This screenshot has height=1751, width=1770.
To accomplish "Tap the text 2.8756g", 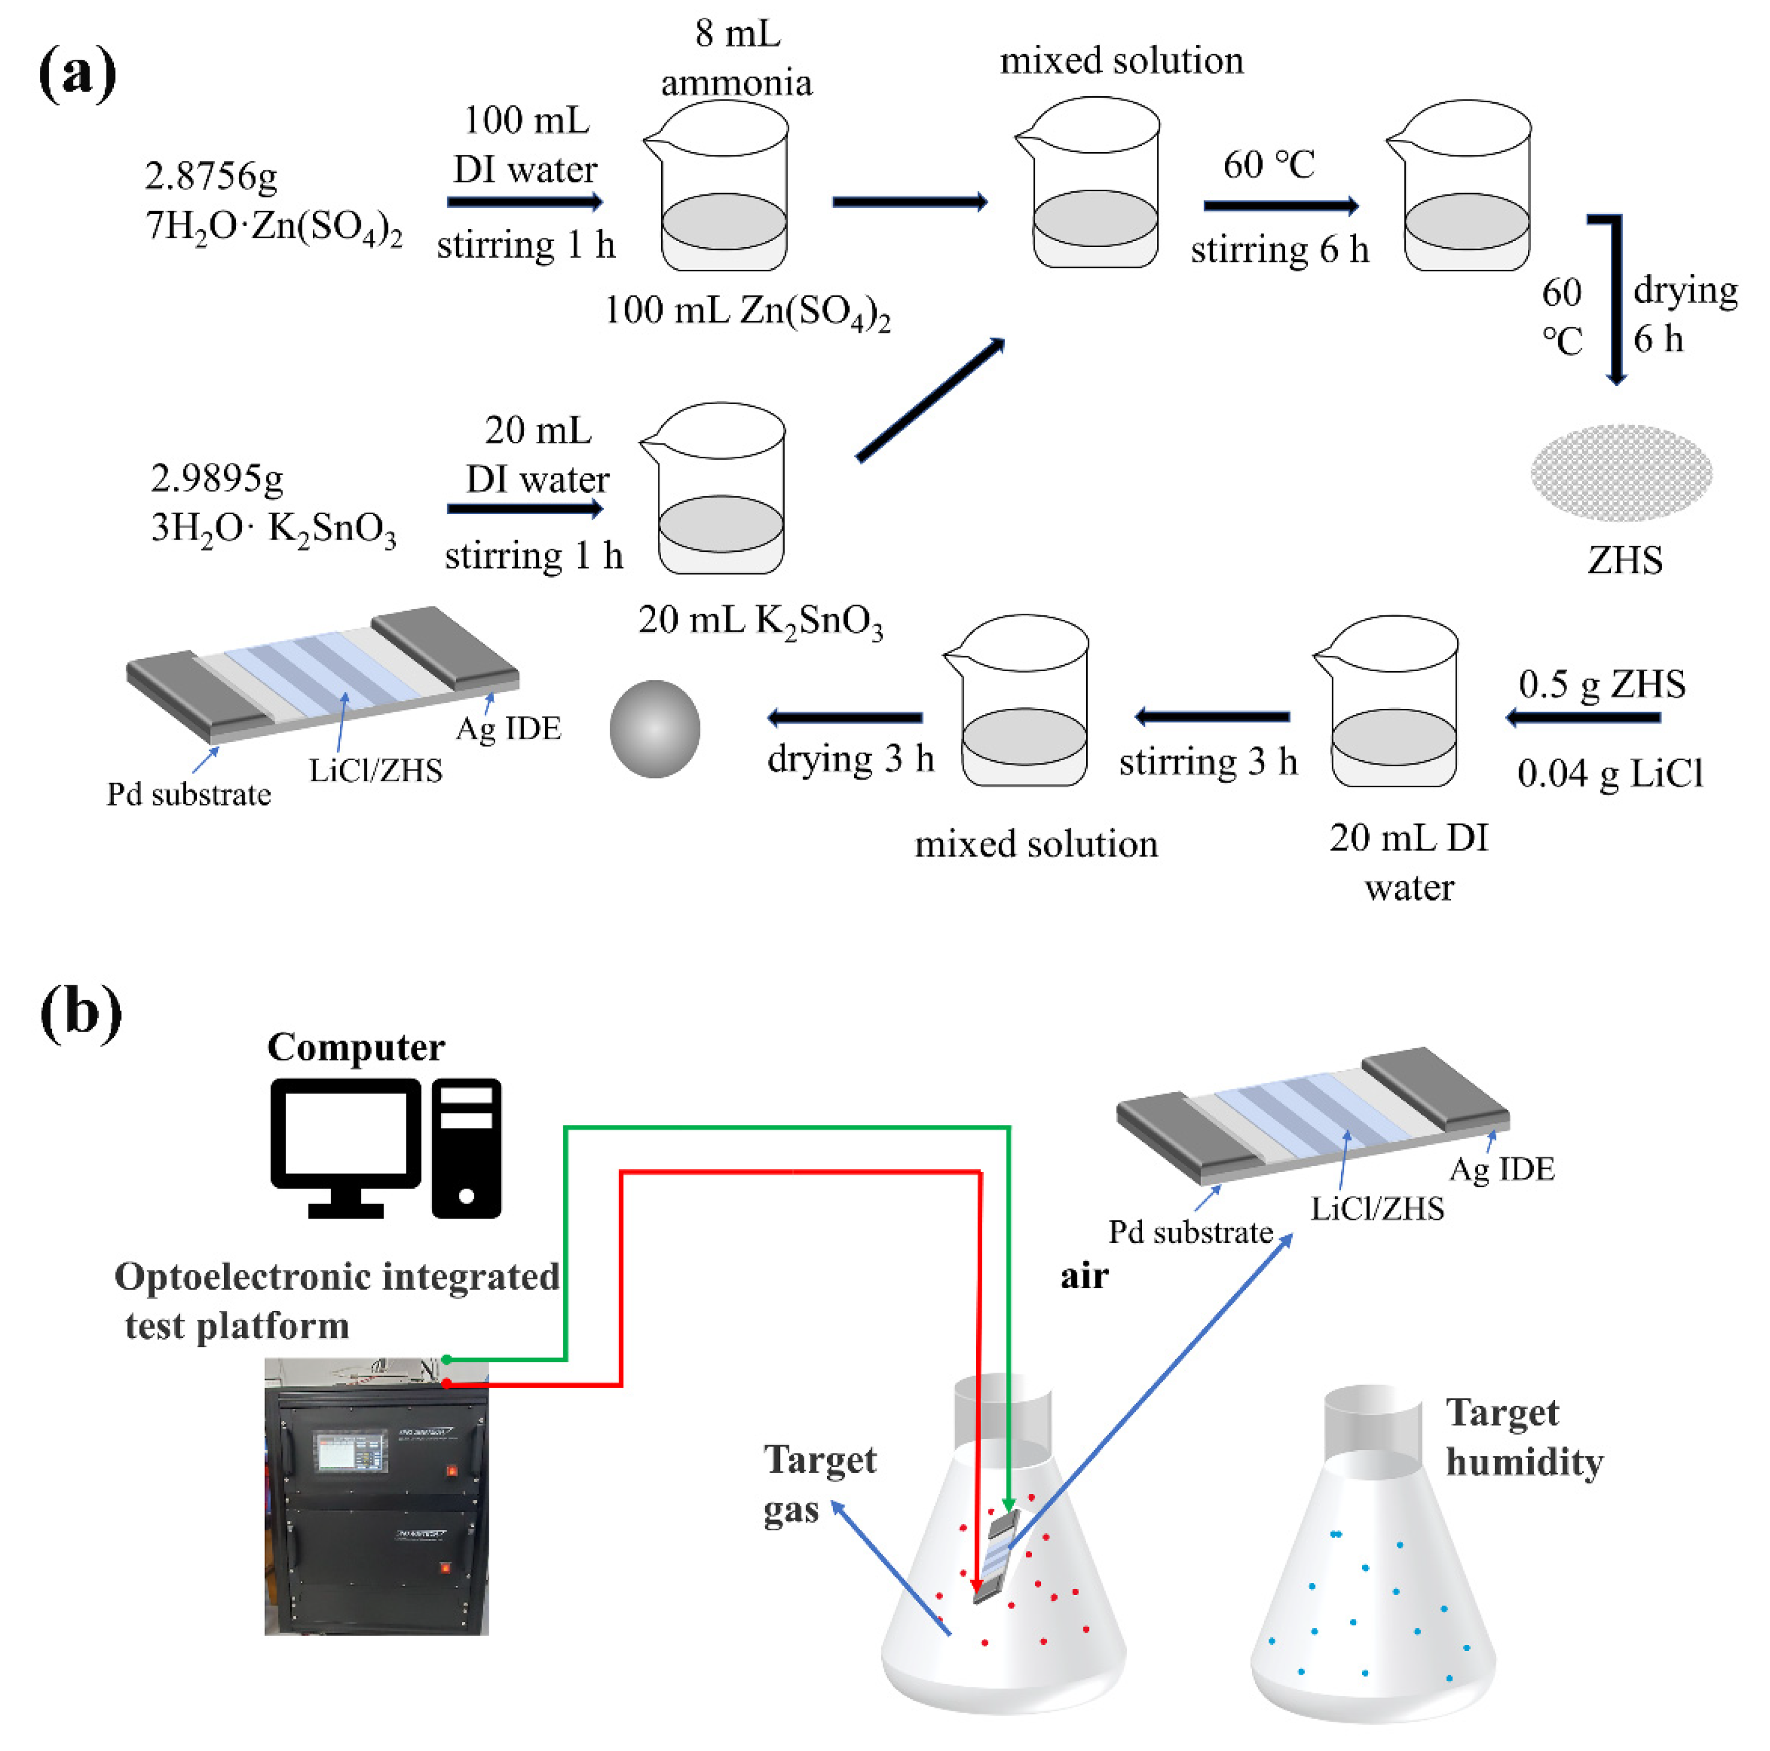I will (x=211, y=176).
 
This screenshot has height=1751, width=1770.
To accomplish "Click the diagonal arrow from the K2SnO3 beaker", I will (x=930, y=400).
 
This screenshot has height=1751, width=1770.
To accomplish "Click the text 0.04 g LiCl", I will (x=1610, y=774).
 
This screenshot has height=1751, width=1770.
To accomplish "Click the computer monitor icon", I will (x=345, y=1146).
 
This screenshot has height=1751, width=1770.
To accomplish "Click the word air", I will (x=1084, y=1277).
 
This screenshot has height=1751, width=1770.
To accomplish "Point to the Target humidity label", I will (x=1523, y=1437).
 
